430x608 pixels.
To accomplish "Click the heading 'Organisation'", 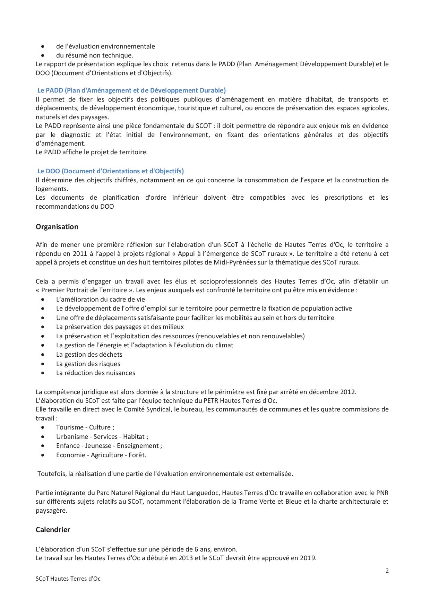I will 57,227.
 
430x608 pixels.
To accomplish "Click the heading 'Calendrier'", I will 53,529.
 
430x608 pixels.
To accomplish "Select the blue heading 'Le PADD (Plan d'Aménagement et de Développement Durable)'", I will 131,90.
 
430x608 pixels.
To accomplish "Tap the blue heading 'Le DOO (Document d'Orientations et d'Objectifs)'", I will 111,171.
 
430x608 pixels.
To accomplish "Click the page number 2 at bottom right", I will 387,571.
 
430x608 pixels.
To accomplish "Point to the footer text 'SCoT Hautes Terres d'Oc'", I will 68,579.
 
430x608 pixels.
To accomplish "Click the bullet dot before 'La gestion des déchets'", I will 43,355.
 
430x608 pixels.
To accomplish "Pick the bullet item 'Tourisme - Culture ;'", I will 85,427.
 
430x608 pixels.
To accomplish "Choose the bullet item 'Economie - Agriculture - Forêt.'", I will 101,455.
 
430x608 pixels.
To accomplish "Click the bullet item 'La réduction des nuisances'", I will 95,373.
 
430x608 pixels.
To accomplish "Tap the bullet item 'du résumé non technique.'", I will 95,55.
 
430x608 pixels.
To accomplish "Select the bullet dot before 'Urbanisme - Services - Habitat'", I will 43,437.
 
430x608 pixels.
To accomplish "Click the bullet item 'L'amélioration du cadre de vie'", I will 100,299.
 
